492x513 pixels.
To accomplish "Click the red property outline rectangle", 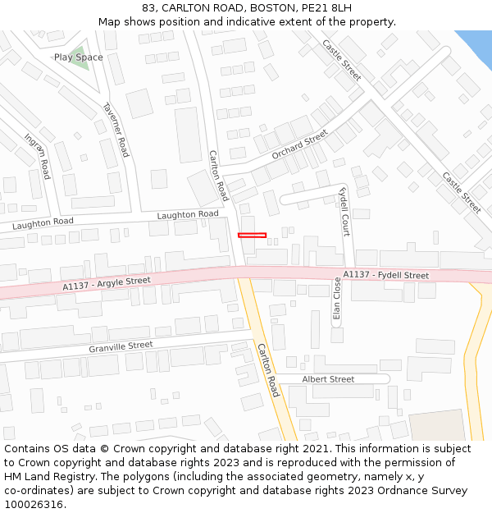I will point(252,236).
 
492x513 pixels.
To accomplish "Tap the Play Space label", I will point(78,57).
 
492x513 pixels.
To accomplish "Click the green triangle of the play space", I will point(80,60).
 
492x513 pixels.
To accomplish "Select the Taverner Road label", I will point(116,130).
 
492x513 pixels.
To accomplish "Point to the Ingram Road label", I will point(38,156).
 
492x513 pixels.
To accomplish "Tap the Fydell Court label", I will point(344,212).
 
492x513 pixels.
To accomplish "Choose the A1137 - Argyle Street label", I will point(107,284).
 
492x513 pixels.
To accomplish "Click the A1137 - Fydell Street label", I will point(385,275).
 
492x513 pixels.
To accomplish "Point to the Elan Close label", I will point(336,298).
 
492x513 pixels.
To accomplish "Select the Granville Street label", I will point(121,347).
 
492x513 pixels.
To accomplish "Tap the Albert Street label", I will point(328,379).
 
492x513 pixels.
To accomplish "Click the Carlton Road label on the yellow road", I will point(268,370).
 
